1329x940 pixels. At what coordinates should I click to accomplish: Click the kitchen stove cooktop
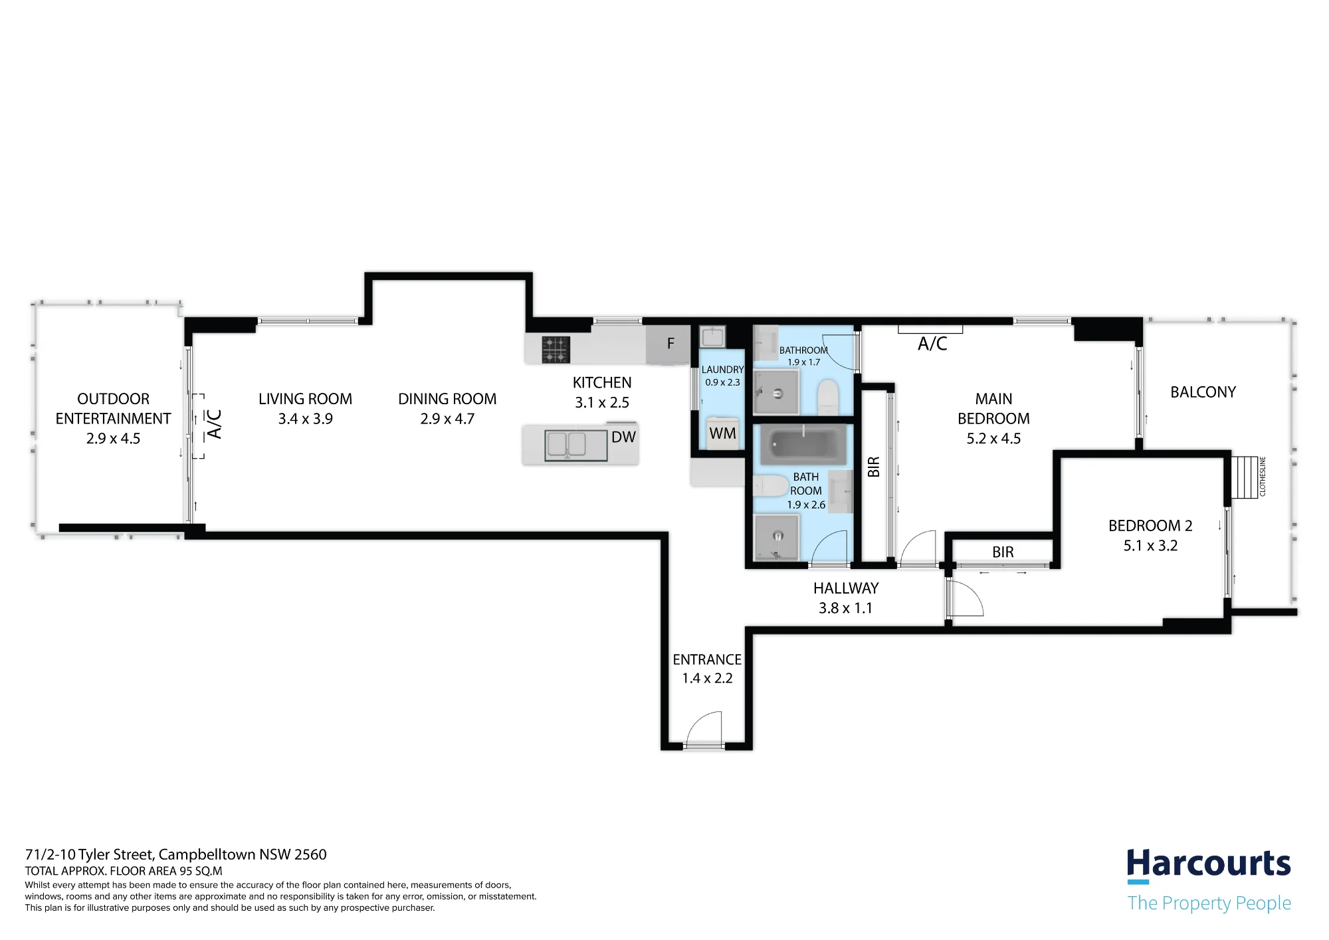coord(556,349)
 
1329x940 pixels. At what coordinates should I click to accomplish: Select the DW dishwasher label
coord(623,437)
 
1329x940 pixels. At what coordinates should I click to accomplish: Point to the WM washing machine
coord(722,433)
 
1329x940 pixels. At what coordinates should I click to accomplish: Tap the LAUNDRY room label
coord(722,370)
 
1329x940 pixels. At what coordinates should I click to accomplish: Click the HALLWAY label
coord(846,588)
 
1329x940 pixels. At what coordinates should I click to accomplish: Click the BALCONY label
coord(1203,392)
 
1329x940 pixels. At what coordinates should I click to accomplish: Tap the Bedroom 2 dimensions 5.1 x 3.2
coord(1150,546)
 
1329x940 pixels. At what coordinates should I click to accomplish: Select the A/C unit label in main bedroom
coord(932,344)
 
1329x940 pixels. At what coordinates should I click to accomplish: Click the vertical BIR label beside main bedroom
coord(874,467)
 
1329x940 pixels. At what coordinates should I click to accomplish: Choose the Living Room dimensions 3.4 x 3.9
coord(305,419)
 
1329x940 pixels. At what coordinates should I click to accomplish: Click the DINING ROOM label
coord(447,399)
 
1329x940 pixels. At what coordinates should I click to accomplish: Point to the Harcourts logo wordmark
coord(1209,864)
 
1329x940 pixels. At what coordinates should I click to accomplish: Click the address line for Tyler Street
coord(176,854)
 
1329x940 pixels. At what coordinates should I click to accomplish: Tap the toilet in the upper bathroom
coord(828,397)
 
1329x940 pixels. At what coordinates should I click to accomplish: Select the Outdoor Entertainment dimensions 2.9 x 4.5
coord(113,439)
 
